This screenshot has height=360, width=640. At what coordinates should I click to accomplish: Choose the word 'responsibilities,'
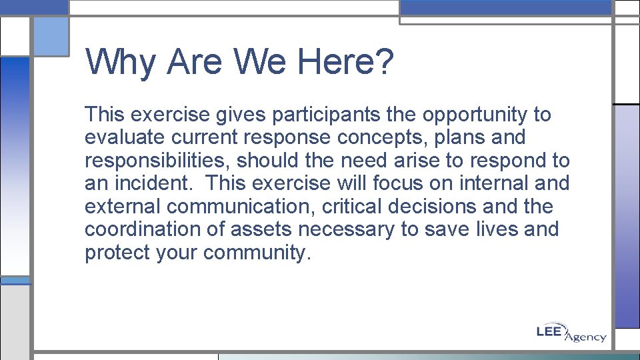coord(157,161)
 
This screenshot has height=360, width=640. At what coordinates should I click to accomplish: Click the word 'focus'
coord(402,183)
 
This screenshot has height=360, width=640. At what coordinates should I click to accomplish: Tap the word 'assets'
coord(261,229)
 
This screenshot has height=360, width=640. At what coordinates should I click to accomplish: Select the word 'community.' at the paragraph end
coord(257,253)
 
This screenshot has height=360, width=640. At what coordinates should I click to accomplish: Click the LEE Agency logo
coord(571,333)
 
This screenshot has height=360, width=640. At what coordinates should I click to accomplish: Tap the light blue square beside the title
coord(51,37)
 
